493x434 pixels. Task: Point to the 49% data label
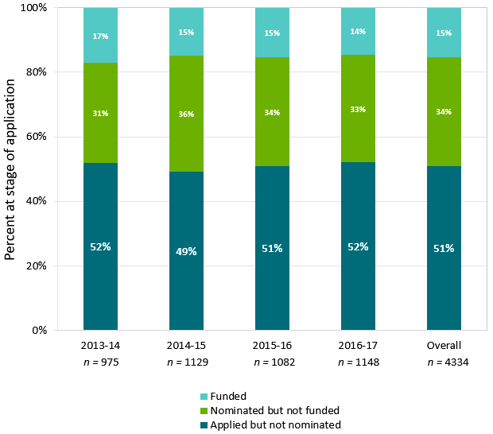(x=186, y=251)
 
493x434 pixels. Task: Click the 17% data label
(x=100, y=36)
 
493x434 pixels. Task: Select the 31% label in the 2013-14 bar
(x=100, y=114)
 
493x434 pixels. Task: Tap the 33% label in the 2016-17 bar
(x=358, y=109)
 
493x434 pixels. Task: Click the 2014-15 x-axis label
(x=186, y=346)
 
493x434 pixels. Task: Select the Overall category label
(x=444, y=346)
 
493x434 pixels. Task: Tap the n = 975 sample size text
(x=100, y=362)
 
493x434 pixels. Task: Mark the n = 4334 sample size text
(x=444, y=362)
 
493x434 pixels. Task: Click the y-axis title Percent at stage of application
(x=10, y=169)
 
